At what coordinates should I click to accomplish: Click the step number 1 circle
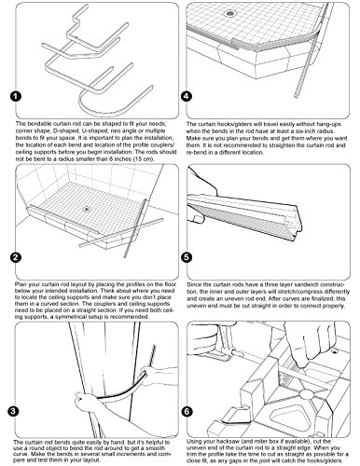[x=15, y=96]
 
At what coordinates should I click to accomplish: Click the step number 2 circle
[x=15, y=257]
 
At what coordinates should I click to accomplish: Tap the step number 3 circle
[x=12, y=412]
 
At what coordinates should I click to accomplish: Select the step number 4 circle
[x=187, y=96]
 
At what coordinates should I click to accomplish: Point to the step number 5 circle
[x=187, y=257]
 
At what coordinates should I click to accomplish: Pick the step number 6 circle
[x=187, y=412]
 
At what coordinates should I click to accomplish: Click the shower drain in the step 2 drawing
[x=87, y=209]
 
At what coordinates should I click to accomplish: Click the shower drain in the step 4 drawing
[x=230, y=13]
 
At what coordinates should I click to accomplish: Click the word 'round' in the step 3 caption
[x=42, y=448]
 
